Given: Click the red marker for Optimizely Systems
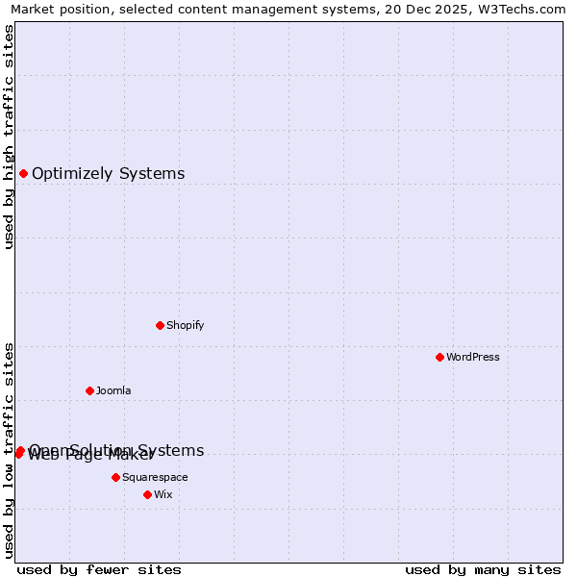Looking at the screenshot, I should tap(23, 173).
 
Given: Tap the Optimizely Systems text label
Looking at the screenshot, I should tap(108, 174).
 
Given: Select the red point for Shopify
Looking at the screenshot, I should tap(160, 325).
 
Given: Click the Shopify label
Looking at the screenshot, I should tap(185, 325).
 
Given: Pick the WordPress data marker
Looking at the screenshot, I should tap(439, 357).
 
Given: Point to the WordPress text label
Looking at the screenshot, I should tap(472, 357).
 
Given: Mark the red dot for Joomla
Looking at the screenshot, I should tap(89, 390).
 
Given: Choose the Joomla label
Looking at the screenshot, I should tap(113, 390).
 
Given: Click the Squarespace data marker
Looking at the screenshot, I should tap(115, 477).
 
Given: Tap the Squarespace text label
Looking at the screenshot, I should tap(155, 477).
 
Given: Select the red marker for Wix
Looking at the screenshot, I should tap(147, 494).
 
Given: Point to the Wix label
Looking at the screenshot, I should tap(163, 494).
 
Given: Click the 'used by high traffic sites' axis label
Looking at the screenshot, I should tap(9, 137).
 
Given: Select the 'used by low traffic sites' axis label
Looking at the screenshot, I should tap(9, 449).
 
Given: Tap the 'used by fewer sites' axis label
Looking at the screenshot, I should tap(99, 569).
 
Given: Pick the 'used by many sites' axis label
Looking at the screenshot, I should tap(483, 569).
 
